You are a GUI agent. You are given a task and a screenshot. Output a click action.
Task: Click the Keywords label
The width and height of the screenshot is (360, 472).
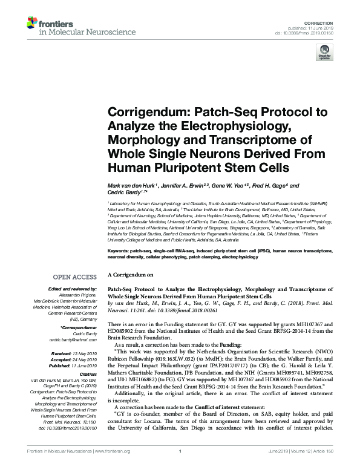[121, 250]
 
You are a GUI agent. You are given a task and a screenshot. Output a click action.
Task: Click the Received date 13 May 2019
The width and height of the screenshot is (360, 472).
[85, 352]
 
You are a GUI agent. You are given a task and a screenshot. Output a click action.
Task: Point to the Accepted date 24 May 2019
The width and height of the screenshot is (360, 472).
[85, 358]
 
